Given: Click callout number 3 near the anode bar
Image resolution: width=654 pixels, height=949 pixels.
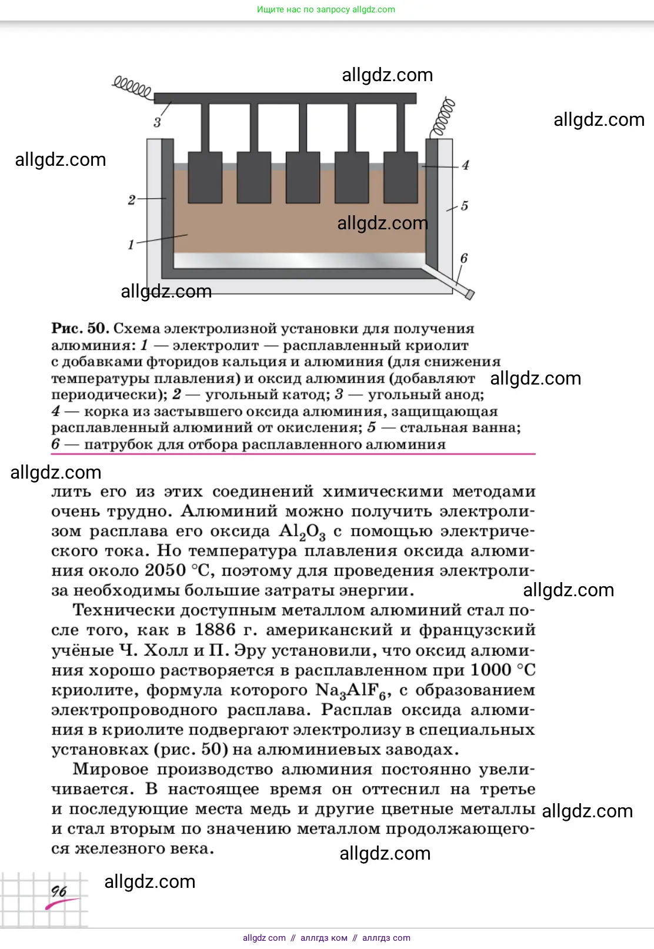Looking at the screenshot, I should [157, 122].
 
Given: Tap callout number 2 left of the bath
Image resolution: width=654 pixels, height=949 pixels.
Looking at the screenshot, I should [132, 200].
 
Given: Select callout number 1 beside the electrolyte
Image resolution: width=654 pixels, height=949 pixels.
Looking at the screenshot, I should [131, 244].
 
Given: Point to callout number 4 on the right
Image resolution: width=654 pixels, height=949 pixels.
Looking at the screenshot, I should [465, 165].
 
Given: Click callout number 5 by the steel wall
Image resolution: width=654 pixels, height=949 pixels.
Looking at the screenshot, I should [464, 206].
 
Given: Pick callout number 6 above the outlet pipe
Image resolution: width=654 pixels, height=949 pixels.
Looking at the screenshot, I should [463, 258].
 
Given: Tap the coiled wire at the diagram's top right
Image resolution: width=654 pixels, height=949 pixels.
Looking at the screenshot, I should [444, 116].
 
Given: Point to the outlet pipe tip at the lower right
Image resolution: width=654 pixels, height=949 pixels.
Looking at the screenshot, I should [468, 293].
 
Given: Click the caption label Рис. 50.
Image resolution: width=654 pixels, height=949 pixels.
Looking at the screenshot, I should [80, 328].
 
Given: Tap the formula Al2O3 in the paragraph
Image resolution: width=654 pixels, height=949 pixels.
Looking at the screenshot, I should [302, 532].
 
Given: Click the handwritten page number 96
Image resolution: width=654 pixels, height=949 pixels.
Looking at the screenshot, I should [59, 891].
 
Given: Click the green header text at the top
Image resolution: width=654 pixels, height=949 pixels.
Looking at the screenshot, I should [326, 9].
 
